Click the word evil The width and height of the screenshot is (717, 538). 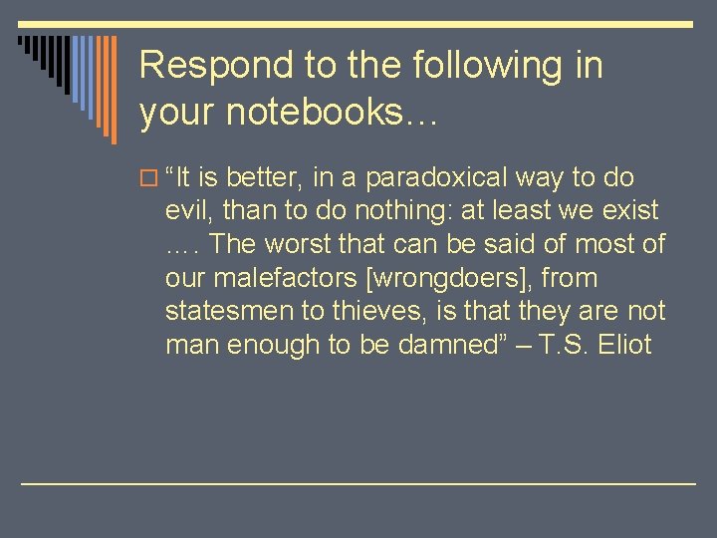(x=183, y=211)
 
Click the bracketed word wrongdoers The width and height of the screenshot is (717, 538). (x=453, y=278)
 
